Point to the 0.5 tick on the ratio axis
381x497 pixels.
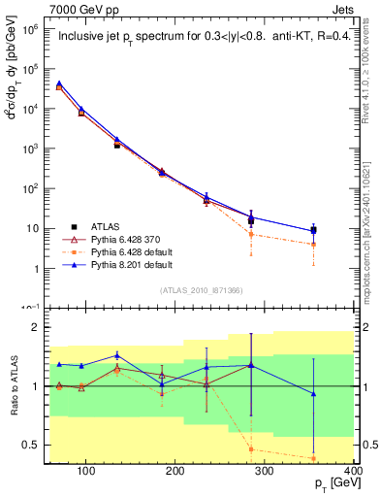point(34,445)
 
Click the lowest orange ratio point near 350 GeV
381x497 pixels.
point(340,458)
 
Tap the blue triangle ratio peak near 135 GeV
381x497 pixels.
point(116,355)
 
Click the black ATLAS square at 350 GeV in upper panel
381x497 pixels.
point(340,230)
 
